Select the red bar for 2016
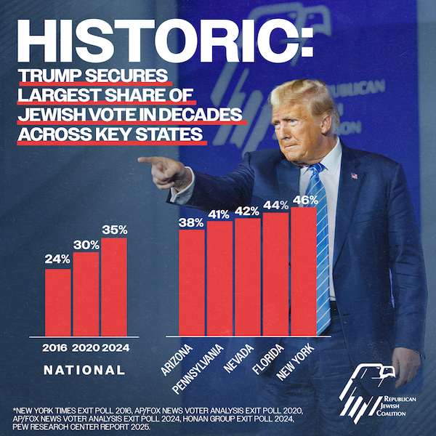coord(58,302)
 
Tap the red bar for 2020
coord(86,294)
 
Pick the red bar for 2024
coord(114,287)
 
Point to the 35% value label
coord(114,230)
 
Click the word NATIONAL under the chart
coord(84,370)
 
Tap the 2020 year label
coord(86,347)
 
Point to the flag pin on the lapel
coord(353,176)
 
